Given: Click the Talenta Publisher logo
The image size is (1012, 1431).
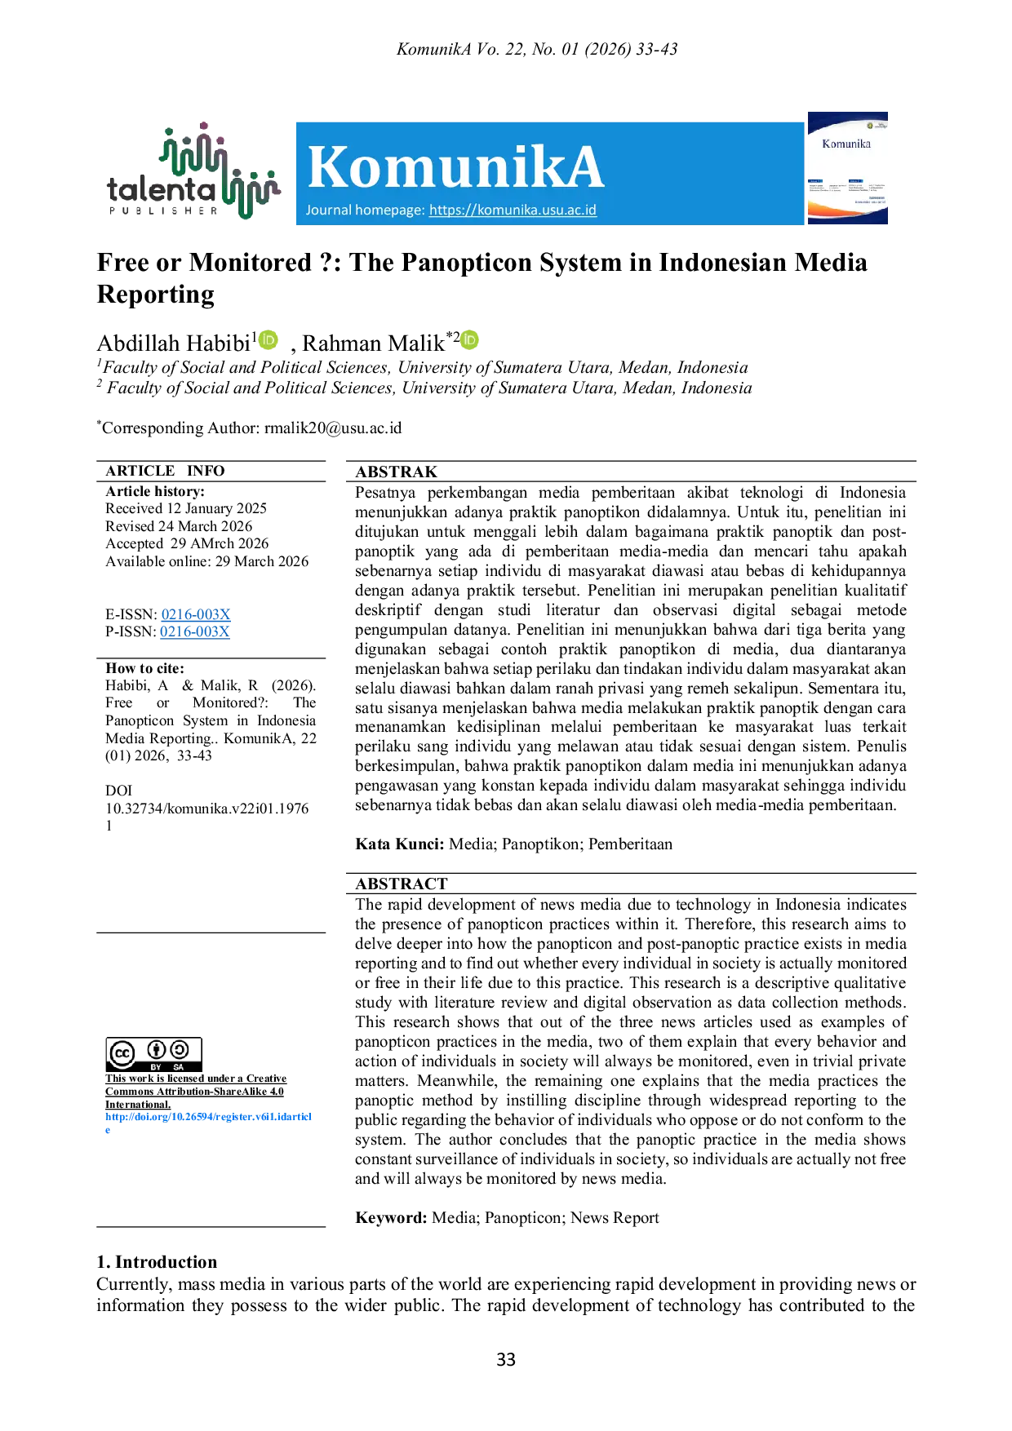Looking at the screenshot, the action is (193, 171).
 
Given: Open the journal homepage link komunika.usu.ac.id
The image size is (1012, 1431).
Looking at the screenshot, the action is (513, 210).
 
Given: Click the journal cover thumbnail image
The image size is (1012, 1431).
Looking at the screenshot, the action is (847, 168).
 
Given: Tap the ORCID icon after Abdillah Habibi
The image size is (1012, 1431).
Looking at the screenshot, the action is (269, 339).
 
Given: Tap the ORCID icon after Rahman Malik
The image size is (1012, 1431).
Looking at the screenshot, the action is (469, 339).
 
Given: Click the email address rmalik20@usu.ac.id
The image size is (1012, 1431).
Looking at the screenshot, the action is (333, 428).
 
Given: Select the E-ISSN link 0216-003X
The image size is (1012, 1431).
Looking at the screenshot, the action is (196, 614).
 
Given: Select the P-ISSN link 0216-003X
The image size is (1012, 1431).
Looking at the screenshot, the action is (195, 631).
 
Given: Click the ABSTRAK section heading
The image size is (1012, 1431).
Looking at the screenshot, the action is (397, 472).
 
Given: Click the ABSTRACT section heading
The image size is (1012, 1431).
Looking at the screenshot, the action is (402, 884).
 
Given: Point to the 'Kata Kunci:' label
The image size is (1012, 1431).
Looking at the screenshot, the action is (400, 844).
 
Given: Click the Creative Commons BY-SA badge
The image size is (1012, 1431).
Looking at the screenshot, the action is (153, 1054).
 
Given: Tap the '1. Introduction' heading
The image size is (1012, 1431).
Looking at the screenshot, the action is (157, 1262).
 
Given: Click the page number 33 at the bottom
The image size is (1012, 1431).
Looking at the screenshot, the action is (506, 1359).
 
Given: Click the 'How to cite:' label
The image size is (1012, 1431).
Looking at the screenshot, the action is (145, 668).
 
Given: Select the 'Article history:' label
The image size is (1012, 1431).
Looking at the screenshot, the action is (155, 491).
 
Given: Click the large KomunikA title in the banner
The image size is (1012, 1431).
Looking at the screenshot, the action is (455, 166).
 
